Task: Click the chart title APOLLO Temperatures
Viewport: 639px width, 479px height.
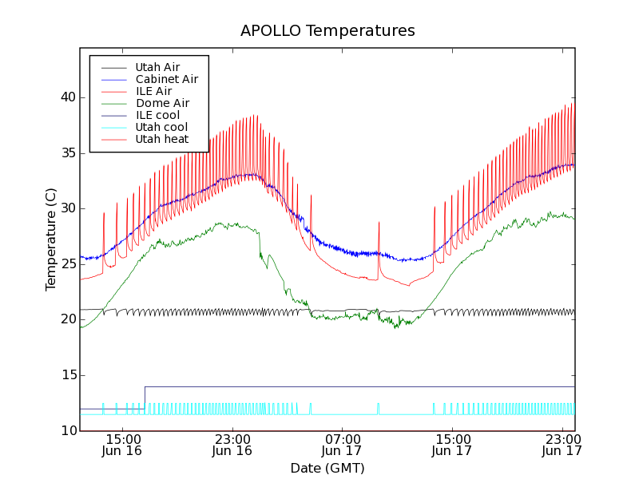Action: pyautogui.click(x=327, y=31)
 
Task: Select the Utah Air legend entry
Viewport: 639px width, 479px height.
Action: pyautogui.click(x=157, y=67)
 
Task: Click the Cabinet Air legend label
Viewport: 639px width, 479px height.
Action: pyautogui.click(x=166, y=79)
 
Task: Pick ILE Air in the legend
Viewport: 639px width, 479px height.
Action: pyautogui.click(x=153, y=91)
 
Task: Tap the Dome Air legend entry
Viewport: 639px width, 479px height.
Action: pyautogui.click(x=162, y=103)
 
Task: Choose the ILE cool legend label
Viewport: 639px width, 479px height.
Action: pyautogui.click(x=157, y=115)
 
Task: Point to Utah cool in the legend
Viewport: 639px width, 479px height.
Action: pyautogui.click(x=161, y=127)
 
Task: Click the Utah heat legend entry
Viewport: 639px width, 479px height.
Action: pyautogui.click(x=161, y=139)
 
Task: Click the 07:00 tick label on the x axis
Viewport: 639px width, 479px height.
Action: pyautogui.click(x=342, y=438)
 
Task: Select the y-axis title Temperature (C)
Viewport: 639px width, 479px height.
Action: pyautogui.click(x=50, y=239)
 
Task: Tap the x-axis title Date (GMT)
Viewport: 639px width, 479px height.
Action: pyautogui.click(x=327, y=468)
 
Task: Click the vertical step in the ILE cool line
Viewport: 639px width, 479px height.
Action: pyautogui.click(x=145, y=398)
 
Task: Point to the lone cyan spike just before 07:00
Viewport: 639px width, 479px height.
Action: pyautogui.click(x=311, y=408)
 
